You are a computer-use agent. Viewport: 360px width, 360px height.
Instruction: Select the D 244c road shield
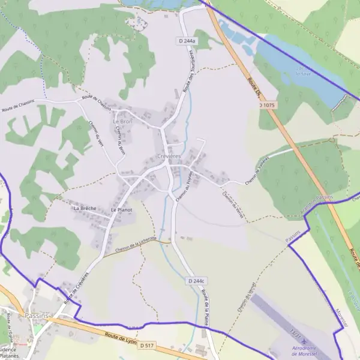[x=196, y=281]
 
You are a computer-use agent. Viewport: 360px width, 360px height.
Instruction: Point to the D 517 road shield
[x=148, y=346]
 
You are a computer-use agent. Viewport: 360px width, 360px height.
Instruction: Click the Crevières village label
[x=168, y=156]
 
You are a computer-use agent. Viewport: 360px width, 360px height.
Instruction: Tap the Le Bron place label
[x=122, y=121]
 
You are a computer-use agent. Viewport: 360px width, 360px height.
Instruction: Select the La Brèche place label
[x=85, y=208]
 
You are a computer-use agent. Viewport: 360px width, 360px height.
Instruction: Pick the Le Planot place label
[x=121, y=211]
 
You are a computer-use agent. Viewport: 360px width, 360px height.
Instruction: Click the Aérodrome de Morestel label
[x=307, y=351]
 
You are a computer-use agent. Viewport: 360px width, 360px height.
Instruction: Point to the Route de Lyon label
[x=116, y=338]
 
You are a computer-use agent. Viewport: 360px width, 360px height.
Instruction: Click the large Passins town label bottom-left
[x=37, y=315]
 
